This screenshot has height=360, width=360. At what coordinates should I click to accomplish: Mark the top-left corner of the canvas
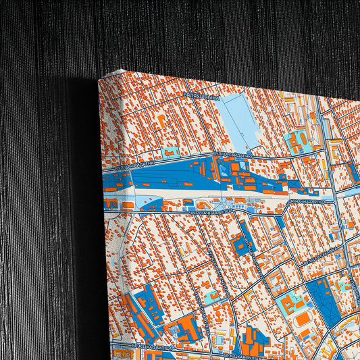pos(99,80)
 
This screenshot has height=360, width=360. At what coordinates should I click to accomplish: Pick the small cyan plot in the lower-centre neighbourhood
pos(213,295)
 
